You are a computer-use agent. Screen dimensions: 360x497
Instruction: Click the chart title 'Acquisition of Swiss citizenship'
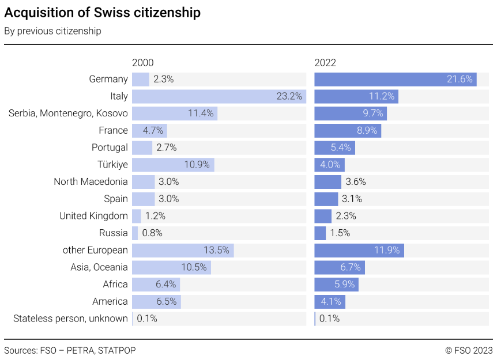[x=103, y=13]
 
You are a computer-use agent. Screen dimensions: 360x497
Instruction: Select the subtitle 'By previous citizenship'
[x=52, y=31]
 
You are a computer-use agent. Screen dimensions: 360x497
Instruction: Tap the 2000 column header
[x=143, y=63]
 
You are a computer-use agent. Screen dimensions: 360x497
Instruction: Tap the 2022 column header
[x=325, y=63]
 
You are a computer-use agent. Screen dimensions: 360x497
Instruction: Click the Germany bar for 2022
[x=395, y=79]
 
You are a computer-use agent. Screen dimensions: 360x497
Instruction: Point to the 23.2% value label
[x=289, y=96]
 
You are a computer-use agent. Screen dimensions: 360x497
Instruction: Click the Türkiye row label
[x=112, y=165]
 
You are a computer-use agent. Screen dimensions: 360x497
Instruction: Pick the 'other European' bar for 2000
[x=183, y=250]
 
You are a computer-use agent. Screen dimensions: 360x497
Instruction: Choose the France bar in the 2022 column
[x=348, y=131]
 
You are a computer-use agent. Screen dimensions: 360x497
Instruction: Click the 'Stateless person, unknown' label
[x=70, y=319]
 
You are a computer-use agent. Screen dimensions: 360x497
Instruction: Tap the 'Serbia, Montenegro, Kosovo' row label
[x=68, y=113]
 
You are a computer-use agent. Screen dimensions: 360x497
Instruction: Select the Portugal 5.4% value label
[x=341, y=147]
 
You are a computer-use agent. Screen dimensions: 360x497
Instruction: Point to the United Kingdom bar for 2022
[x=323, y=216]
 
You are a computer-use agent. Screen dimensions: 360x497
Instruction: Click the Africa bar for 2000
[x=156, y=285]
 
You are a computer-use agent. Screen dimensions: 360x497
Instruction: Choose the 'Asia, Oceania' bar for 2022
[x=340, y=267]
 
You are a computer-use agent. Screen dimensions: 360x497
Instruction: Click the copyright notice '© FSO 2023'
[x=469, y=350]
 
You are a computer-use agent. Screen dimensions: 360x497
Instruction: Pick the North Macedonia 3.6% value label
[x=356, y=182]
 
